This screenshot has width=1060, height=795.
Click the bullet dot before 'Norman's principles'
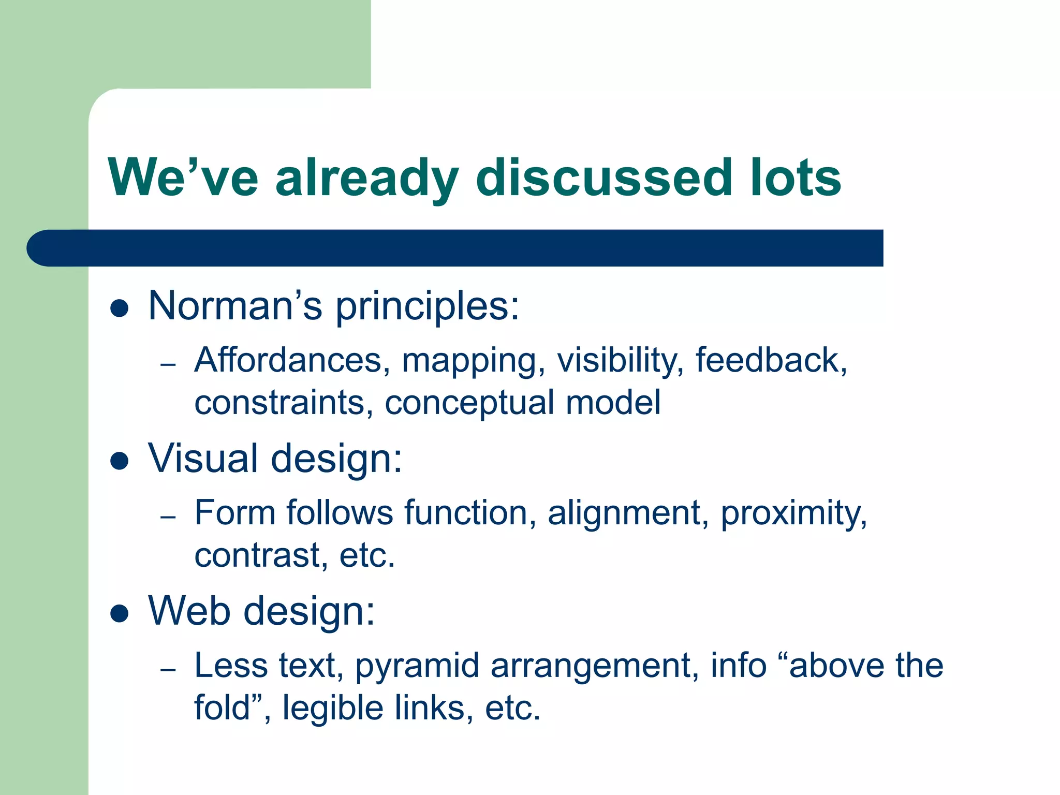[120, 308]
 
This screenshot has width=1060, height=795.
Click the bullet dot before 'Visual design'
[120, 461]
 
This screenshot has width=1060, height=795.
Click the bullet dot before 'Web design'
[120, 614]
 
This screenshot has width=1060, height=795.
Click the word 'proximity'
[793, 513]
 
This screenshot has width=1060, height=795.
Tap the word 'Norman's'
[235, 306]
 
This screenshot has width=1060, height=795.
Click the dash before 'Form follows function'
[168, 517]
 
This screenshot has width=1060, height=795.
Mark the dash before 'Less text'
[168, 670]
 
